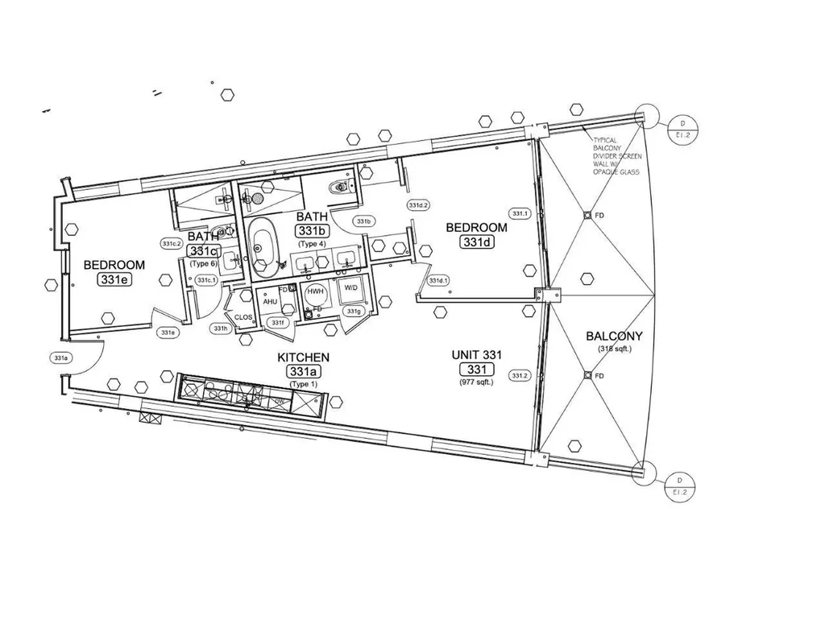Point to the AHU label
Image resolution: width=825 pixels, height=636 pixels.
270,301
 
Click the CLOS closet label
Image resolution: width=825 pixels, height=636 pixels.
243,317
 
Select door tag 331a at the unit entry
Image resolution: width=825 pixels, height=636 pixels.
60,357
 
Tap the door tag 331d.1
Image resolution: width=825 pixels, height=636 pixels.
438,280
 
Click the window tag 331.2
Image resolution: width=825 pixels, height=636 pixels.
519,375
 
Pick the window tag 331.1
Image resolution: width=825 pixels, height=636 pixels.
520,213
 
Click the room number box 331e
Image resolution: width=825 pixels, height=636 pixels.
114,279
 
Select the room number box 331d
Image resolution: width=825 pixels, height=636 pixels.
477,242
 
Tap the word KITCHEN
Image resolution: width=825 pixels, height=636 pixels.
303,357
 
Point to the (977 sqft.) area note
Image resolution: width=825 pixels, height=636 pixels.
476,382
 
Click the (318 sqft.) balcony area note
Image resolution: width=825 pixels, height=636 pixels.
615,349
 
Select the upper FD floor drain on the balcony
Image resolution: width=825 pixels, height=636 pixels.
588,215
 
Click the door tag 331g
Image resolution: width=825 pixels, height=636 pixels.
353,311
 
